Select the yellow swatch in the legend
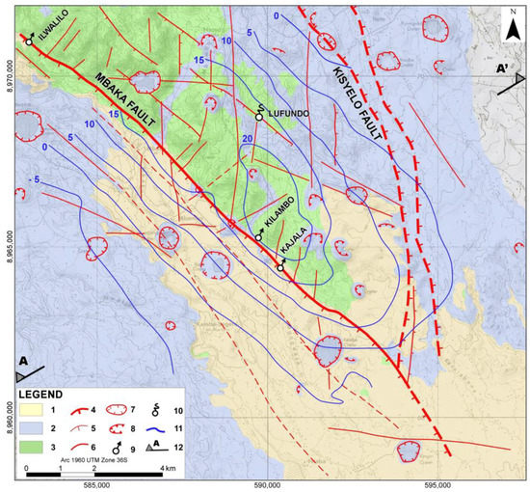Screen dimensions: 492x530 click(x=40, y=411)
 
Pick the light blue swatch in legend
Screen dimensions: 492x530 click(x=40, y=428)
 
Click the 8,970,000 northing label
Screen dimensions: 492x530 click(x=9, y=78)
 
